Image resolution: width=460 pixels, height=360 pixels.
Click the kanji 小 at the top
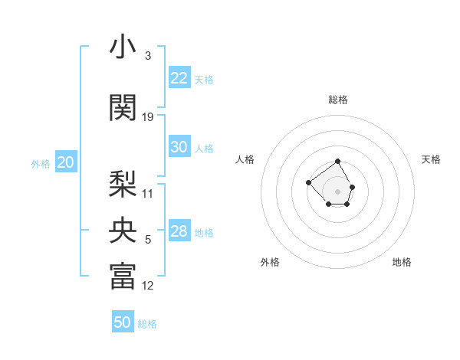click(123, 47)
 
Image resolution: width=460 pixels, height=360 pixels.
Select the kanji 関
click(123, 108)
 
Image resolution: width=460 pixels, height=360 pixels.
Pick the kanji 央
click(123, 229)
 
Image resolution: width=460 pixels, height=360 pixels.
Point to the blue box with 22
click(179, 78)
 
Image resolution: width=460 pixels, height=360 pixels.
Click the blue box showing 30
click(179, 147)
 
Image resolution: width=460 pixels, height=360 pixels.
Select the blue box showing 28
click(179, 231)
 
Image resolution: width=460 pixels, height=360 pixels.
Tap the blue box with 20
click(66, 162)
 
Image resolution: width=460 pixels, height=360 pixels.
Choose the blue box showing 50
click(123, 322)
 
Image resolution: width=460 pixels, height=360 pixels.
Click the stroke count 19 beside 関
click(148, 117)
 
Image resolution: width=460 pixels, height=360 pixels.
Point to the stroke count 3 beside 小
click(147, 56)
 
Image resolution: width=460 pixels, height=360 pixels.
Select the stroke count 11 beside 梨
click(148, 193)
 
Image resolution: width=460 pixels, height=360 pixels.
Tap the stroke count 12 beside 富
click(148, 286)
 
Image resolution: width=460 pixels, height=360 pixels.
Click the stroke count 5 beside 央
click(147, 240)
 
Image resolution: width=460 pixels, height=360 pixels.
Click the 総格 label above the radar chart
click(338, 100)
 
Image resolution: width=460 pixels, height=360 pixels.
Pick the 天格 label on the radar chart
click(431, 159)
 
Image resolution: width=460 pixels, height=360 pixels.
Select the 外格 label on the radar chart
click(270, 262)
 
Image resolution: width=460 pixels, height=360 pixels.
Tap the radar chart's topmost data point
click(338, 162)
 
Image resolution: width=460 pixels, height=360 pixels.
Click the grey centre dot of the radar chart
click(338, 191)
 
